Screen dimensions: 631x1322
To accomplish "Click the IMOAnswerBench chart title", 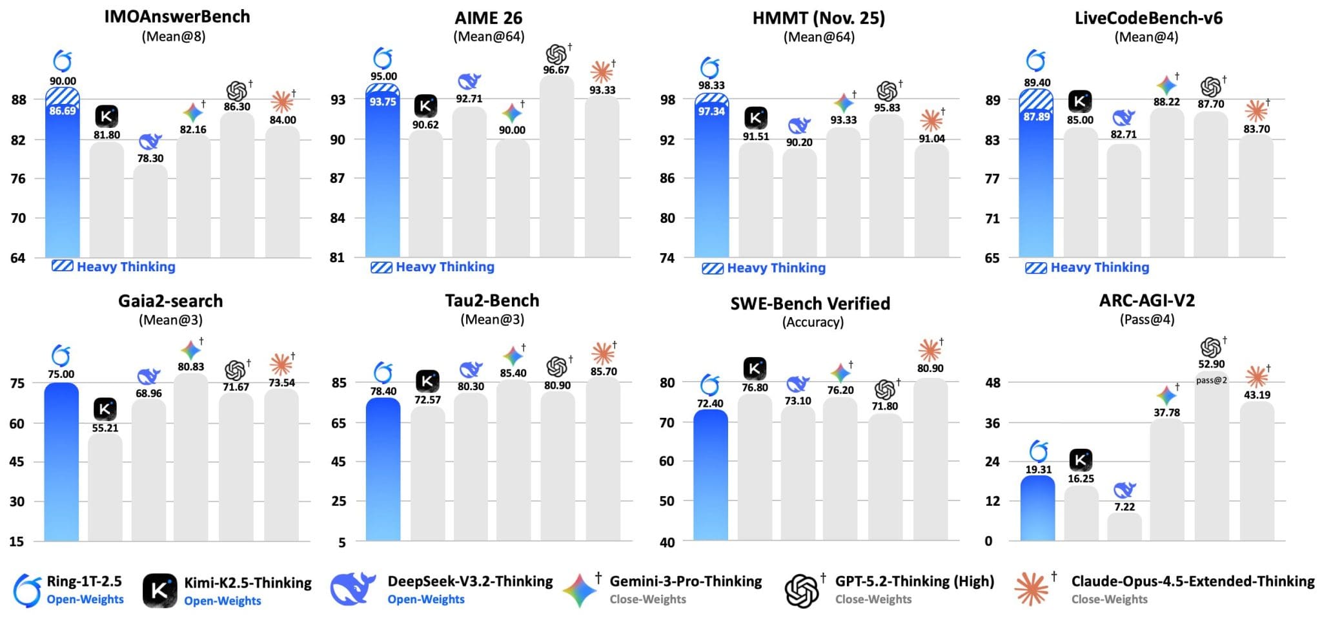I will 177,17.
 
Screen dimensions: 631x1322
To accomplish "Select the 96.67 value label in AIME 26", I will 556,70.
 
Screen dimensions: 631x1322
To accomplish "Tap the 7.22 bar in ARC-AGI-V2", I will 1124,527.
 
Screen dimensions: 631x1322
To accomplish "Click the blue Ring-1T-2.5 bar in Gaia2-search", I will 61,462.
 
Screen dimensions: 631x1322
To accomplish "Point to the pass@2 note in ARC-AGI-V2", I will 1211,380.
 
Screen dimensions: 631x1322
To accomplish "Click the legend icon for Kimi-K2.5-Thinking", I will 159,590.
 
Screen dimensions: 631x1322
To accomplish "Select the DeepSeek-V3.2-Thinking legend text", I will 470,581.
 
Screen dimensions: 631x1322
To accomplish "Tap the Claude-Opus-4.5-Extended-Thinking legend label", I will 1192,581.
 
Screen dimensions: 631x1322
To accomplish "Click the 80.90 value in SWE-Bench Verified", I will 930,368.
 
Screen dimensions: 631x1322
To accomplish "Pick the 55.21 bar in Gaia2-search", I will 105,488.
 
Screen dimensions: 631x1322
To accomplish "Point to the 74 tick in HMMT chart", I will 667,258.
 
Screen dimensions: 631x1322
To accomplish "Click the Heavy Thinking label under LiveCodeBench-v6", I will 1099,267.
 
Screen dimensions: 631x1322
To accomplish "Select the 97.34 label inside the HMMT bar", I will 711,112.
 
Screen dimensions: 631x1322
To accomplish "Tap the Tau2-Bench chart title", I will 492,301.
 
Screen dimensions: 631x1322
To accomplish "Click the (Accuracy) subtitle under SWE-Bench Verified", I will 813,322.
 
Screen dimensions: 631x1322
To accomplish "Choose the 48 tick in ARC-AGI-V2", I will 992,383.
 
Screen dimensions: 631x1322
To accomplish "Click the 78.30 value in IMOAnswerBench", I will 150,158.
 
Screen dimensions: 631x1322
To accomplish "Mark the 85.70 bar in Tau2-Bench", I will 603,459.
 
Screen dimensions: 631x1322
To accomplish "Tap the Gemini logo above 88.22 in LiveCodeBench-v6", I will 1166,85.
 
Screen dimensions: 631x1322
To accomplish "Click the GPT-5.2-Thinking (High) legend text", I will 914,581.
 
